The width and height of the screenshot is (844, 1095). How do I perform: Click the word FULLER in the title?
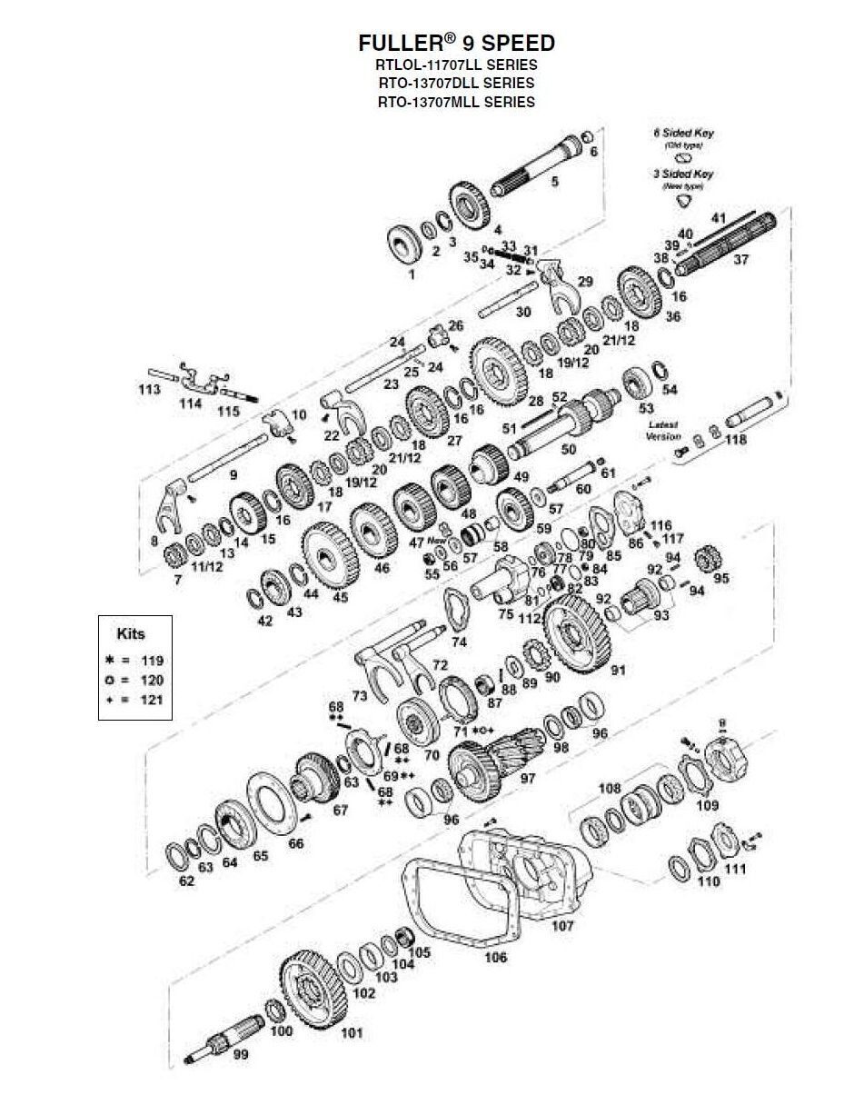pos(395,43)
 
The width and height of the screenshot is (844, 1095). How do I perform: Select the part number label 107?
pos(562,927)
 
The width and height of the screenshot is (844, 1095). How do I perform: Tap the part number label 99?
pos(241,1055)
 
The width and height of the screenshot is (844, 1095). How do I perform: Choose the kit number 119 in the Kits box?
pos(152,660)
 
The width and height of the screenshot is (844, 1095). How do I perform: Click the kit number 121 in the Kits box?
pos(152,700)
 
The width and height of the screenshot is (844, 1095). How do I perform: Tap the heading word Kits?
pos(131,633)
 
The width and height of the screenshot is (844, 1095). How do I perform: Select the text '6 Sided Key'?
pos(683,133)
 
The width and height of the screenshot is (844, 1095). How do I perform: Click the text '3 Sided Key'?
pos(683,174)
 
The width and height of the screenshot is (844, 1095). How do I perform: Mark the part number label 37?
pos(740,260)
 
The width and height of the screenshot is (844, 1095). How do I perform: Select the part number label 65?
pos(261,856)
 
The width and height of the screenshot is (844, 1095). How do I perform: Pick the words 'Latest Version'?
pos(663,430)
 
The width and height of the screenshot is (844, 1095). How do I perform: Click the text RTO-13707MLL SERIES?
pos(456,102)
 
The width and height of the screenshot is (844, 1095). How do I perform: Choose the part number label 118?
pos(736,440)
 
